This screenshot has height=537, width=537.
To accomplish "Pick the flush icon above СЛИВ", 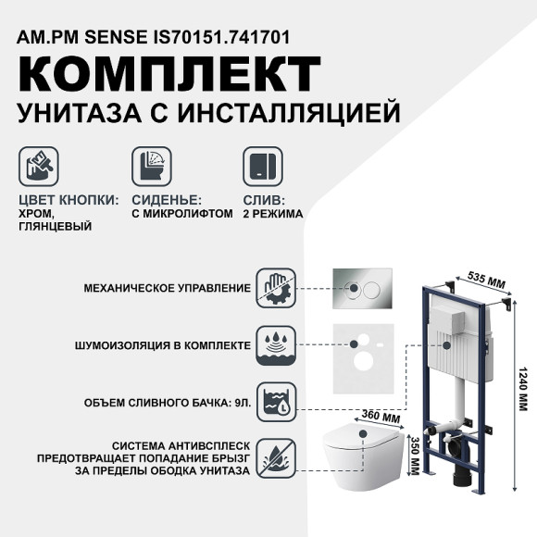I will (259, 167).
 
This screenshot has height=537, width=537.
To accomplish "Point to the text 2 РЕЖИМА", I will (273, 213).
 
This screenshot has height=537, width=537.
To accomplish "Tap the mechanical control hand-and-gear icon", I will (276, 287).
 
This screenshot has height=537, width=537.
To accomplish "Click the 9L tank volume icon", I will (276, 401).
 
